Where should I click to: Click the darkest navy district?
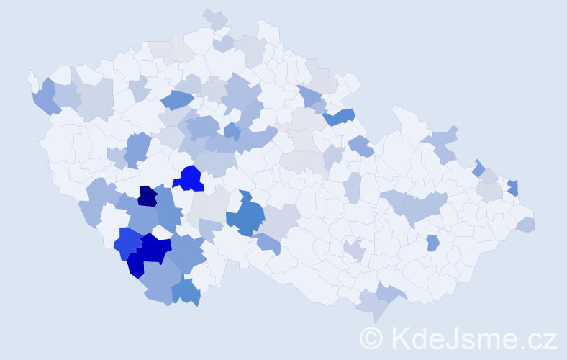(x=148, y=196)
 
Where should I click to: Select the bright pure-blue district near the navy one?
(x=191, y=178)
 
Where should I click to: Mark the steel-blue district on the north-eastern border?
(x=338, y=116)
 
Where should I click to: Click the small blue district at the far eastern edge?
(x=513, y=188)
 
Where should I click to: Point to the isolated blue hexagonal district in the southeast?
(x=432, y=243)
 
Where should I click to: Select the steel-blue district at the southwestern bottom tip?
(x=186, y=292)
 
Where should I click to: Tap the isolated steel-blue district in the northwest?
(x=176, y=101)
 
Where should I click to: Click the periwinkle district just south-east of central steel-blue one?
(x=268, y=244)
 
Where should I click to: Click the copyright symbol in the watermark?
(x=371, y=338)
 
